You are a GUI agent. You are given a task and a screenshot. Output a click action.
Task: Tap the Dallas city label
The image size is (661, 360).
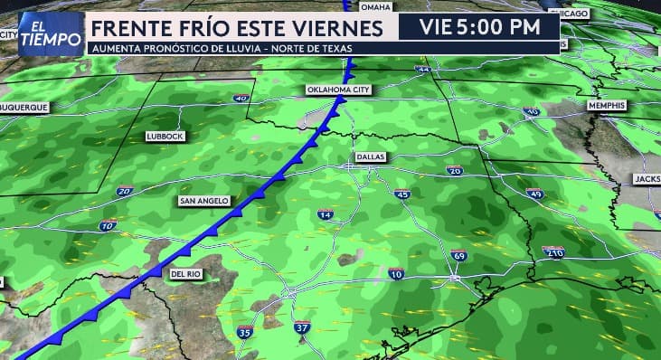point(370,156)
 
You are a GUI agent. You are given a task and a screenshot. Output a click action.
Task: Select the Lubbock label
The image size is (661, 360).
point(165,136)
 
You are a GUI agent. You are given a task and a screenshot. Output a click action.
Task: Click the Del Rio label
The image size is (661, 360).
point(184,272)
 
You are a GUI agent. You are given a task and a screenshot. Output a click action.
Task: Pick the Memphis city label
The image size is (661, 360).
point(606,106)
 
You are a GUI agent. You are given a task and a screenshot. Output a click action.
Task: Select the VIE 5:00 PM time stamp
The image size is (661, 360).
point(479,27)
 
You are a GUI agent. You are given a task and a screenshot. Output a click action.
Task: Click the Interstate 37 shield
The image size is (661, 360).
point(302,327)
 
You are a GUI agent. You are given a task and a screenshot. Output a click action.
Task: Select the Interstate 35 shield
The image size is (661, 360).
point(244,332)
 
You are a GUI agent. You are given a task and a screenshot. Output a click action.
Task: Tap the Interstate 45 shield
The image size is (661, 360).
point(402,194)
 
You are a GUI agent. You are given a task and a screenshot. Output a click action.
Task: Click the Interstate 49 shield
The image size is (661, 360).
point(535,193)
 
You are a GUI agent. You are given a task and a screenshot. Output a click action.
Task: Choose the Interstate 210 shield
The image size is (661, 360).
point(553,252)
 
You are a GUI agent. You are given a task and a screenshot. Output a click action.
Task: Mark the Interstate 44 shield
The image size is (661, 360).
point(422,69)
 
